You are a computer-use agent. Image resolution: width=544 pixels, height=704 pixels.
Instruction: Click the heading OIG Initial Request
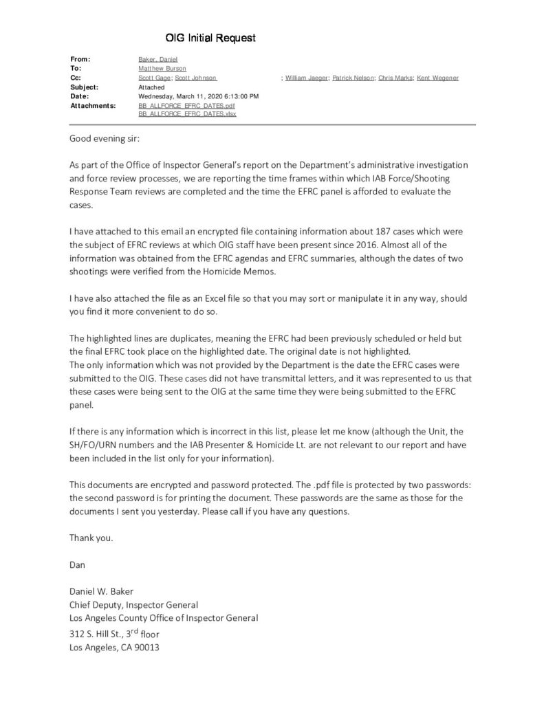pyautogui.click(x=210, y=38)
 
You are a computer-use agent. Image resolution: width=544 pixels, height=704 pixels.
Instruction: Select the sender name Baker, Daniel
pyautogui.click(x=158, y=60)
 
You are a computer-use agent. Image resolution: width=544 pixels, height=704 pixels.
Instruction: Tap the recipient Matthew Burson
pyautogui.click(x=162, y=69)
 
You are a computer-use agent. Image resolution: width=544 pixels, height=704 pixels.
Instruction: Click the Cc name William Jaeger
pyautogui.click(x=307, y=78)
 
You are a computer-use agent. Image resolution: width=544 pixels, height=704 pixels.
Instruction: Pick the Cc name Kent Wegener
pyautogui.click(x=438, y=78)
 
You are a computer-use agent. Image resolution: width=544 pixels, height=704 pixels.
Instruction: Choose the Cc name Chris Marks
pyautogui.click(x=396, y=78)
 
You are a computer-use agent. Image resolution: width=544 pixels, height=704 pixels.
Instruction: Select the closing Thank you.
pyautogui.click(x=91, y=538)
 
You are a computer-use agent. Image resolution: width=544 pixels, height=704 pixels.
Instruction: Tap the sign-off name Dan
pyautogui.click(x=77, y=564)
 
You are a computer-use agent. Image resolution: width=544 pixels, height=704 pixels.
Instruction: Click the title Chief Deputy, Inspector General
pyautogui.click(x=133, y=604)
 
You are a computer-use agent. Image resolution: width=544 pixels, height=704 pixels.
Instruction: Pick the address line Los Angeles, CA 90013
pyautogui.click(x=114, y=647)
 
